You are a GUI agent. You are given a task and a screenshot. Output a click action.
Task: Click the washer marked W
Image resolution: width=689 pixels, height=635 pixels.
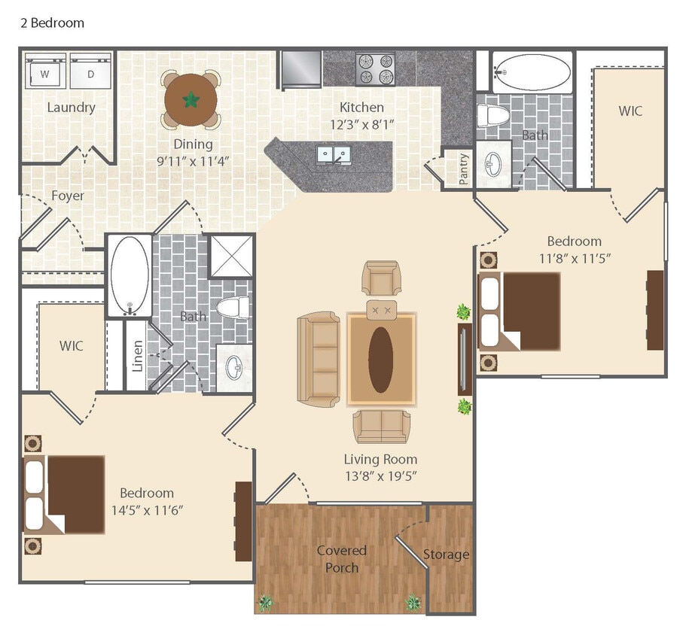44,74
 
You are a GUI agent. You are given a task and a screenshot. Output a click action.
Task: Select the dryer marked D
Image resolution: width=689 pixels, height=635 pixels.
91,74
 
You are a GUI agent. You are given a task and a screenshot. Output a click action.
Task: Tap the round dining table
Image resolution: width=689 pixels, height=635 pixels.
191,99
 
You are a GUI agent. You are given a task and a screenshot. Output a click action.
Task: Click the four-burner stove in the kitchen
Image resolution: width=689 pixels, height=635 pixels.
375,69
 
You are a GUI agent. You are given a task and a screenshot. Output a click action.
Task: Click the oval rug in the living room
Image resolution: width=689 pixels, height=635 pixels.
381,360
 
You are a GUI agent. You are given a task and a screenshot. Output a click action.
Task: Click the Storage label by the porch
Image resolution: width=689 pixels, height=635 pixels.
446,554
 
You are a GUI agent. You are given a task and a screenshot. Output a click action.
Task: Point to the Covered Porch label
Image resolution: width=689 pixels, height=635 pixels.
341,559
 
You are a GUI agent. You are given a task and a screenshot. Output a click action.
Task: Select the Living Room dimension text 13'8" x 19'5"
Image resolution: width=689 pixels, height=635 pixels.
380,475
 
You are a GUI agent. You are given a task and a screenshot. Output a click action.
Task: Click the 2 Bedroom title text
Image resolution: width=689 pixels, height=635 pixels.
51,23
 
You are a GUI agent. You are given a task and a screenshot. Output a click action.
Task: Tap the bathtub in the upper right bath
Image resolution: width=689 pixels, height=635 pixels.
532,72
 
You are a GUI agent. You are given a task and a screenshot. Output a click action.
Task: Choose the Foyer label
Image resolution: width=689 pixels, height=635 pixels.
68,196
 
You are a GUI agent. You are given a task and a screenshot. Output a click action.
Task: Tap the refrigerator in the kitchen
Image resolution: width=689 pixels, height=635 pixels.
300,69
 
